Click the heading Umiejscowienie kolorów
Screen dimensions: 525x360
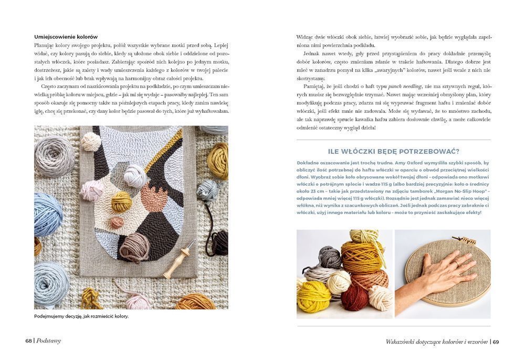click(x=66, y=37)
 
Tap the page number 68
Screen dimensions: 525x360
click(x=28, y=341)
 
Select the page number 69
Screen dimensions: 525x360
click(x=496, y=342)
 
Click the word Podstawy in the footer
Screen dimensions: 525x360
click(x=48, y=341)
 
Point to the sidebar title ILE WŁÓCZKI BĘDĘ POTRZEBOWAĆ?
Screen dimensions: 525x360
click(x=393, y=152)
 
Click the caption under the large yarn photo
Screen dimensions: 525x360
click(x=81, y=316)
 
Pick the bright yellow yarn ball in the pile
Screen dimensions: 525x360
click(x=313, y=297)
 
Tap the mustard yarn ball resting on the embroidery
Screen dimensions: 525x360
click(x=122, y=202)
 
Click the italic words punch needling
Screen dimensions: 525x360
click(x=405, y=86)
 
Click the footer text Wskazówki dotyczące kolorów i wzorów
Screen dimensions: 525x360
click(x=436, y=342)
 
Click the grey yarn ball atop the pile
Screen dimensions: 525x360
click(x=330, y=256)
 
